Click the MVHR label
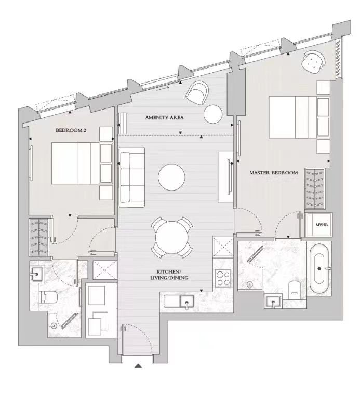[322, 225]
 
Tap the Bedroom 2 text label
[71, 130]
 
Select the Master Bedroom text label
[274, 173]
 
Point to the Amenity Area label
[164, 117]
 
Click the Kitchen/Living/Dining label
[169, 275]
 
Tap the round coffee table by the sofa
[171, 177]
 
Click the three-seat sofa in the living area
[132, 177]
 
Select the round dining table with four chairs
[172, 237]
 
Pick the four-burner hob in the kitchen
[223, 278]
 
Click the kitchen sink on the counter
[186, 301]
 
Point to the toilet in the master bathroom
[293, 290]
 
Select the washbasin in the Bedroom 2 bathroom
[37, 274]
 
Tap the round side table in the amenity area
[213, 114]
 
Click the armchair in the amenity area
[197, 93]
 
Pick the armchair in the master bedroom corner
[313, 61]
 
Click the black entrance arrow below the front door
[138, 365]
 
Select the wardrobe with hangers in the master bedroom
[315, 189]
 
